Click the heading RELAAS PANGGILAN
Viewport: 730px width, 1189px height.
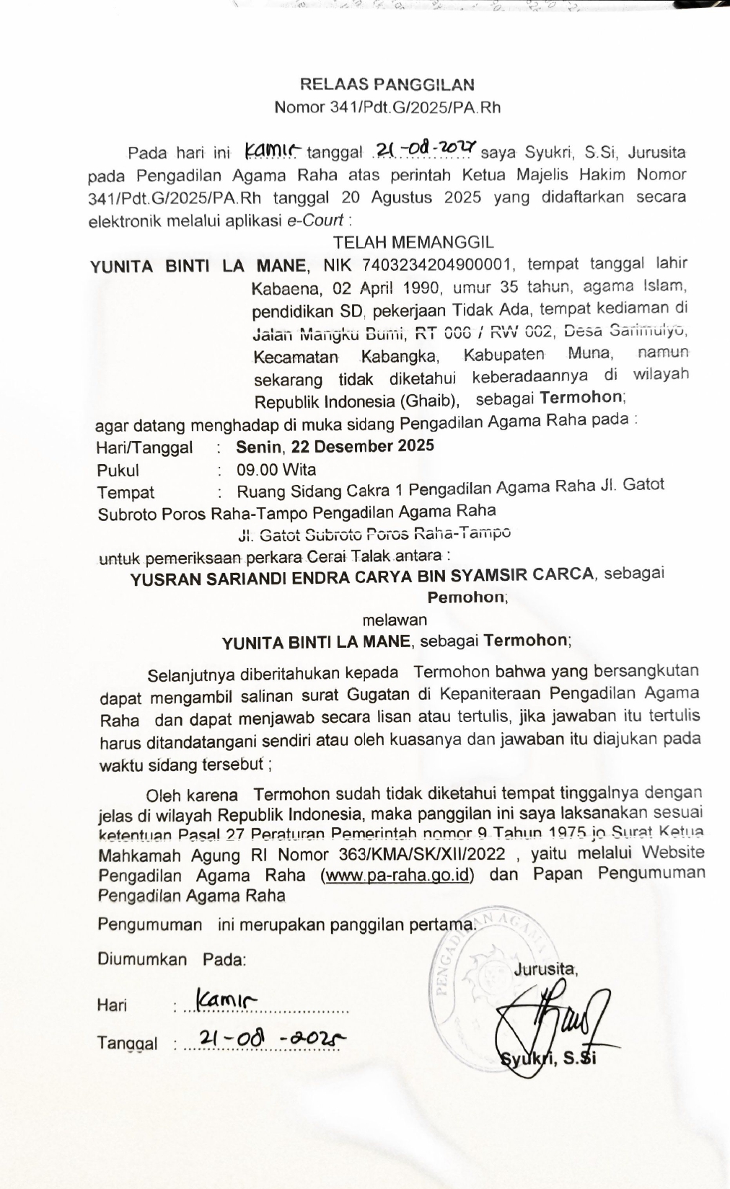click(387, 84)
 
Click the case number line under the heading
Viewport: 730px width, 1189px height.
click(387, 108)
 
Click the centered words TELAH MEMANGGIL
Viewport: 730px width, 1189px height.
click(413, 242)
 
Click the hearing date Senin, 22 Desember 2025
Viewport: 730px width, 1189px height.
click(335, 446)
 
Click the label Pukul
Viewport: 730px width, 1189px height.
click(118, 471)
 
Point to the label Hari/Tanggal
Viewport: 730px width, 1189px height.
click(144, 447)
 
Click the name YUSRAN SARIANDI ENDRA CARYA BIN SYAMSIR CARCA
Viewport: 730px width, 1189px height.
click(362, 576)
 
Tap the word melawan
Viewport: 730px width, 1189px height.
click(395, 620)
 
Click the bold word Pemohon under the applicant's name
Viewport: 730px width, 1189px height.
click(466, 597)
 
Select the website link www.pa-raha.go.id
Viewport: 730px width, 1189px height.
click(399, 876)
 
